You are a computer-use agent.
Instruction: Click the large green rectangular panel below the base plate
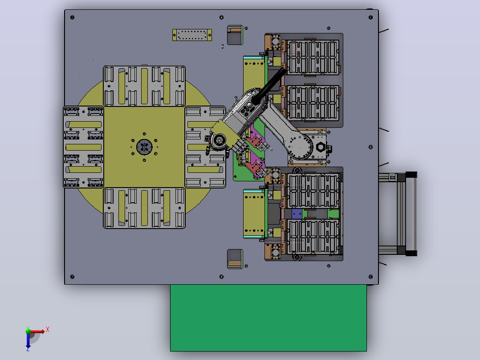(268, 318)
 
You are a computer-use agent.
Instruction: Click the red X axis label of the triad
(48, 330)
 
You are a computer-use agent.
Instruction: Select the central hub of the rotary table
(144, 147)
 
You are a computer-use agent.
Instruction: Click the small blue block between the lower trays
(297, 214)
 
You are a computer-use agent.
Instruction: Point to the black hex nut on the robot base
(320, 147)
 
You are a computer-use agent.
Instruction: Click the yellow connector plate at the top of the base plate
(192, 35)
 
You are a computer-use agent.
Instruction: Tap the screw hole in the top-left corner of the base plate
(72, 17)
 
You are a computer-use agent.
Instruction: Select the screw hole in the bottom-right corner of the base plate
(370, 277)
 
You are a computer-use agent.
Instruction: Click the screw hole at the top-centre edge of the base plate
(221, 17)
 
